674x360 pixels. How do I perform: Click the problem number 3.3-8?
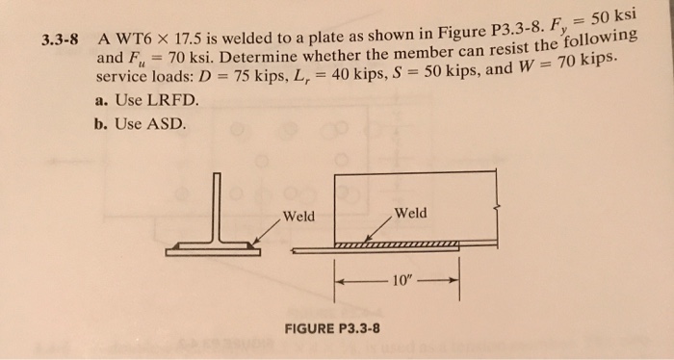pos(60,40)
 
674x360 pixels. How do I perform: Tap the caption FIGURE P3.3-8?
pos(332,329)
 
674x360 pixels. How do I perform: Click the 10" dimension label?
pos(402,281)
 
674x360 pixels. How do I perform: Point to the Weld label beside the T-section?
pos(298,216)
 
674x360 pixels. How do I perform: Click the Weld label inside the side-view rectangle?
pos(411,213)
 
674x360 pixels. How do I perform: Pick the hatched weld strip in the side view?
pos(397,245)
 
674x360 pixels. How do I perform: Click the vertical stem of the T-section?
pos(218,208)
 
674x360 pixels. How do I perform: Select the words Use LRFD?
pos(157,100)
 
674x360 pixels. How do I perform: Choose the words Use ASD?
pos(151,124)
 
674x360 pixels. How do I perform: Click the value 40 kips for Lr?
pos(334,74)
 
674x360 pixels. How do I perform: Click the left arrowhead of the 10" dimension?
pos(339,281)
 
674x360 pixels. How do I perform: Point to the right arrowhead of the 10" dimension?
pos(454,280)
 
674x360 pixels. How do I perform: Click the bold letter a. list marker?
pos(101,101)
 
